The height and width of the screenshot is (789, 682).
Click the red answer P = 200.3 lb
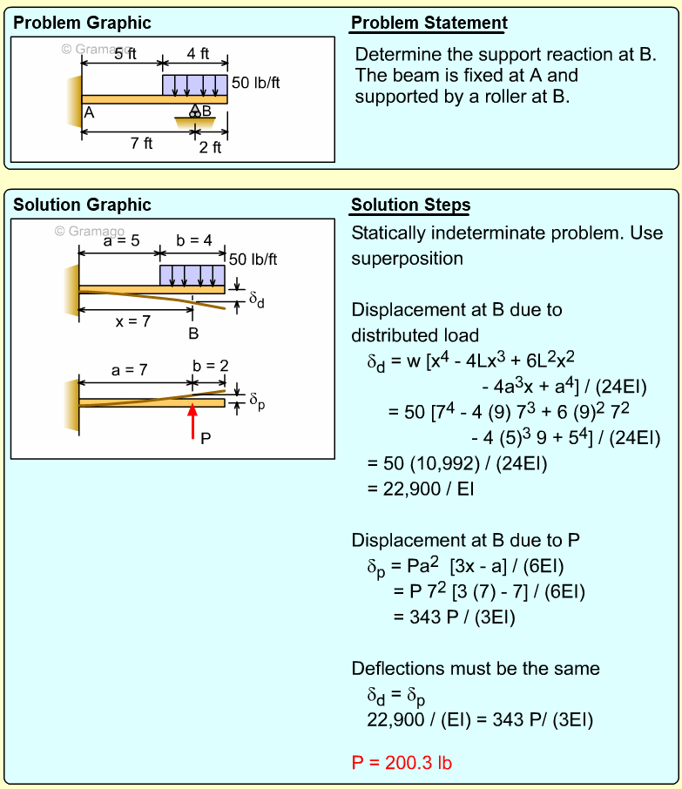(402, 763)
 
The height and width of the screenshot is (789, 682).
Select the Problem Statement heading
(429, 24)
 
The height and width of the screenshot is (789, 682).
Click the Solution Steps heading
(410, 206)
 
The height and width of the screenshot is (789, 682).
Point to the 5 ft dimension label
(125, 54)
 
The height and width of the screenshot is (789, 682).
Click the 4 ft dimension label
(198, 54)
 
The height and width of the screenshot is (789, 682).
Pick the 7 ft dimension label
(141, 143)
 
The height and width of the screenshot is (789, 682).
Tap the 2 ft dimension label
(210, 147)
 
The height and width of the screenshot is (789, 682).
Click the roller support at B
(195, 113)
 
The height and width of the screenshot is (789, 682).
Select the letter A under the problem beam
(88, 112)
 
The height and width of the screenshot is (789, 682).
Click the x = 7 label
(134, 321)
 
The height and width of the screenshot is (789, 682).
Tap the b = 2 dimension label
(210, 366)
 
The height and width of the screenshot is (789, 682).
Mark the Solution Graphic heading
(83, 206)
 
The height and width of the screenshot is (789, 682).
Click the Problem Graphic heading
(82, 24)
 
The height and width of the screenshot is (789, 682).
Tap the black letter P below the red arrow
(205, 438)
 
